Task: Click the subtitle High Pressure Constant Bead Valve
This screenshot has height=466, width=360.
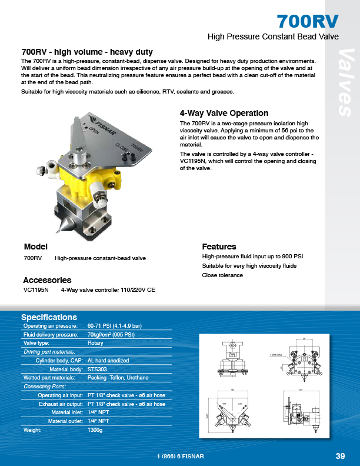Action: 274,36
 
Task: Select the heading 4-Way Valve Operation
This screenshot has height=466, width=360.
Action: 224,113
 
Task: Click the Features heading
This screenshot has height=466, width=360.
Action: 219,247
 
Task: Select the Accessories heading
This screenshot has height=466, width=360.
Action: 47,280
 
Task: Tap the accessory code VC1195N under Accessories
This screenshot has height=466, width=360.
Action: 36,290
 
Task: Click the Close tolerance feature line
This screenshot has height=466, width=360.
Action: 222,275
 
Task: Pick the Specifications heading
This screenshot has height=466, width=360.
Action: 49,317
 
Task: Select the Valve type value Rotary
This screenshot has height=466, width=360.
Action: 95,343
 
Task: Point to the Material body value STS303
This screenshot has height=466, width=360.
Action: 97,369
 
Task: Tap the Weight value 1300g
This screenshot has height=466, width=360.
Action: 95,430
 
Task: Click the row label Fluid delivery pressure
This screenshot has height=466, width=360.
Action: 50,334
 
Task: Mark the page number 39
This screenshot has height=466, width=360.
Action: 340,456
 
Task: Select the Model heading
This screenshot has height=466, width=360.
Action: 35,247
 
